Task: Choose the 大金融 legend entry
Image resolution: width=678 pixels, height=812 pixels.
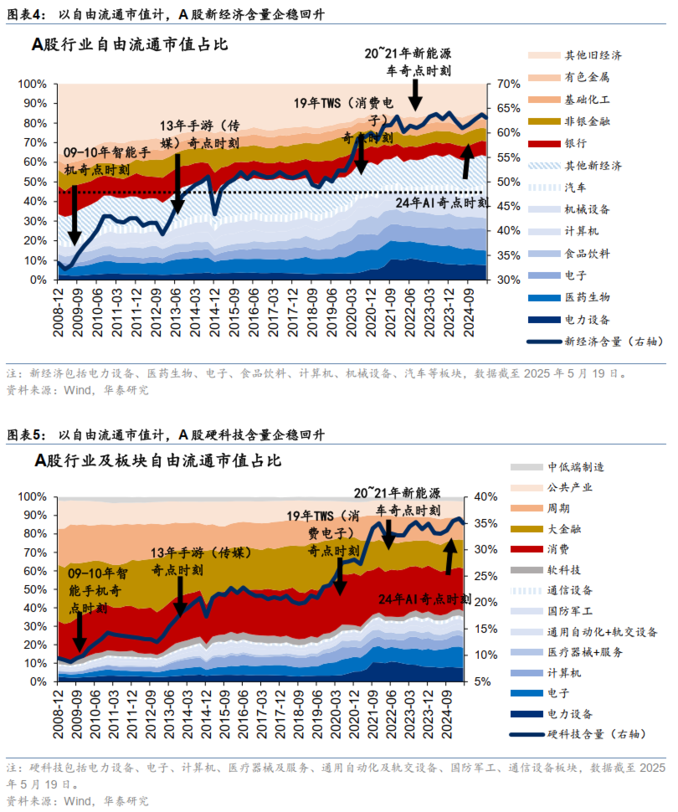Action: point(563,528)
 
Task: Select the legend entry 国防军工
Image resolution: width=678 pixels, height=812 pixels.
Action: point(569,610)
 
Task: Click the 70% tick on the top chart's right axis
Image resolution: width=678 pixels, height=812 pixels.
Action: point(508,85)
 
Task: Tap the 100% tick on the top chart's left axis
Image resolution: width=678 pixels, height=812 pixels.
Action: point(33,85)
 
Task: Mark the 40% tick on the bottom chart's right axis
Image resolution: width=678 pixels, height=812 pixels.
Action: point(485,496)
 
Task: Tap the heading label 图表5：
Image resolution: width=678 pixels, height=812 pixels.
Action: point(26,435)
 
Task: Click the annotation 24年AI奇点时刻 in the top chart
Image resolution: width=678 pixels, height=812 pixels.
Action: point(441,203)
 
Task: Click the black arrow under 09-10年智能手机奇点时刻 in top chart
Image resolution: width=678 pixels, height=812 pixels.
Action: point(74,216)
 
